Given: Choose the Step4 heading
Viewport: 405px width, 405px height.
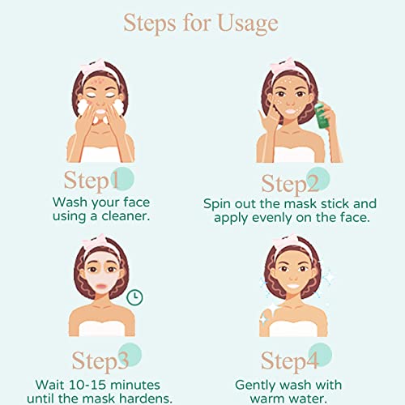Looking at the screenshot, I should click(x=289, y=359).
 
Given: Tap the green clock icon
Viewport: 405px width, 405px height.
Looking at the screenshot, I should click(x=135, y=297).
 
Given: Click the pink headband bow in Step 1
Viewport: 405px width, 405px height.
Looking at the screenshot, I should click(x=111, y=66).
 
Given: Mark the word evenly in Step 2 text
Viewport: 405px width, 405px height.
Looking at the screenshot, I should click(x=263, y=218).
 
